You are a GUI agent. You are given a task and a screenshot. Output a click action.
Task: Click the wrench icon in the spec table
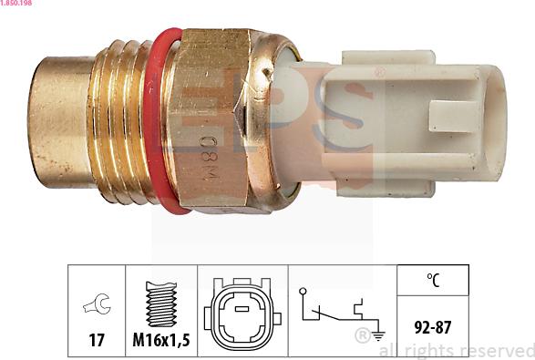point(97,304)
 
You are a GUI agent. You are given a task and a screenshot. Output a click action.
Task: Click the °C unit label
point(432,282)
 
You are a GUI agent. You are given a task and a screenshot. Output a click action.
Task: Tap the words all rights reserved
point(456,350)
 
